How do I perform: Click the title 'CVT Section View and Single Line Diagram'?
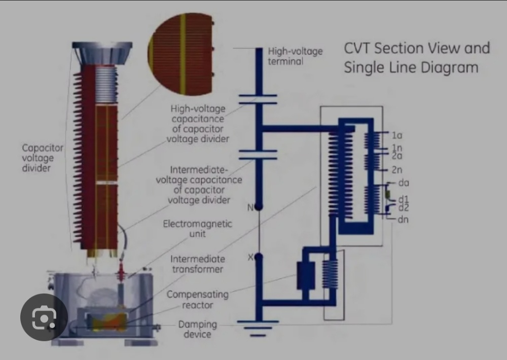coord(417,58)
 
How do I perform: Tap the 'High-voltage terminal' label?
coord(295,56)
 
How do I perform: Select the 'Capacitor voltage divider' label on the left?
coord(43,158)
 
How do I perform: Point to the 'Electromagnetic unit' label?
coord(197,228)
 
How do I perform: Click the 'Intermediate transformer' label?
coord(197,264)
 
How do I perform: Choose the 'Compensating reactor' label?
coord(197,300)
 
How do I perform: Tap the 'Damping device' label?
coord(197,329)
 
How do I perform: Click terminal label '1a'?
coord(397,136)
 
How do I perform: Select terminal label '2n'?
coord(397,170)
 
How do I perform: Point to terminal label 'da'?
coord(404,183)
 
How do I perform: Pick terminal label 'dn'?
coord(404,220)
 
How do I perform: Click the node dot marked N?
coord(259,207)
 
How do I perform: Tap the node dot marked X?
coord(259,258)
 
